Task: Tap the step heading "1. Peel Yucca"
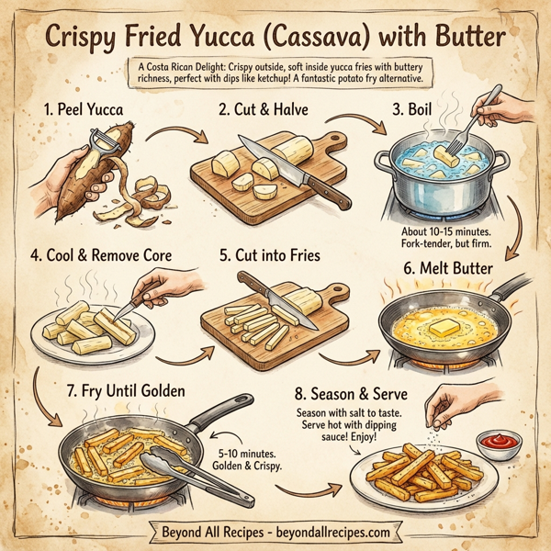tap(84, 110)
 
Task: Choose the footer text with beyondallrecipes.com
tap(275, 531)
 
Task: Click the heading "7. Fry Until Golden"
tap(123, 392)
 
